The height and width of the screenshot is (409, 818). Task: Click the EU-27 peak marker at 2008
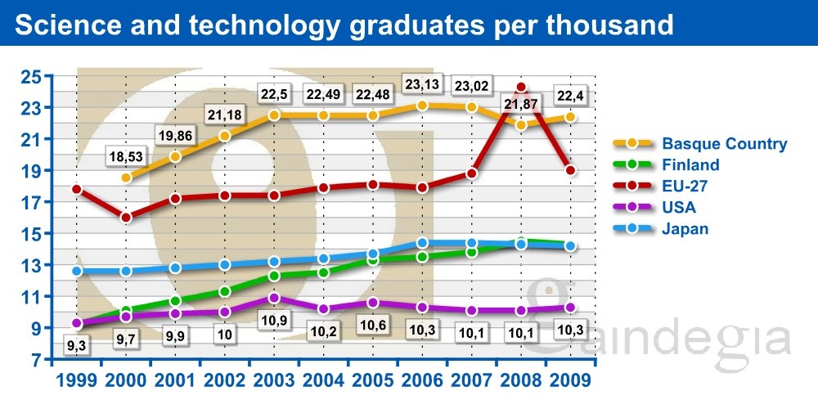click(x=521, y=88)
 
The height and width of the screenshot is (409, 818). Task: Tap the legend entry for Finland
click(x=690, y=165)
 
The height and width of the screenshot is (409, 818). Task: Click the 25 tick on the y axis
click(x=30, y=77)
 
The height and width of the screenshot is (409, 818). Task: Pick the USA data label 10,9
click(x=274, y=321)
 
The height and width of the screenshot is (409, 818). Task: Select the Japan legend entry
click(x=685, y=229)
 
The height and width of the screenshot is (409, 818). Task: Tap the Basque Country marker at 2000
click(x=126, y=178)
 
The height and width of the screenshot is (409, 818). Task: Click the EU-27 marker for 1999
click(x=77, y=189)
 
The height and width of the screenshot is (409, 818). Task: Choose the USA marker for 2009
click(x=571, y=308)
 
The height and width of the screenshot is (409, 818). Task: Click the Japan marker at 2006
click(x=422, y=243)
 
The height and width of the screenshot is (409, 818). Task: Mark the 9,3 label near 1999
click(x=78, y=346)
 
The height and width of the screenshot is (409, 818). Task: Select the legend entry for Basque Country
click(x=724, y=144)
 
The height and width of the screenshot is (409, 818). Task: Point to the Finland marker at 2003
click(x=274, y=276)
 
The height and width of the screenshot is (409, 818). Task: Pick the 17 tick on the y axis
click(x=30, y=202)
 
